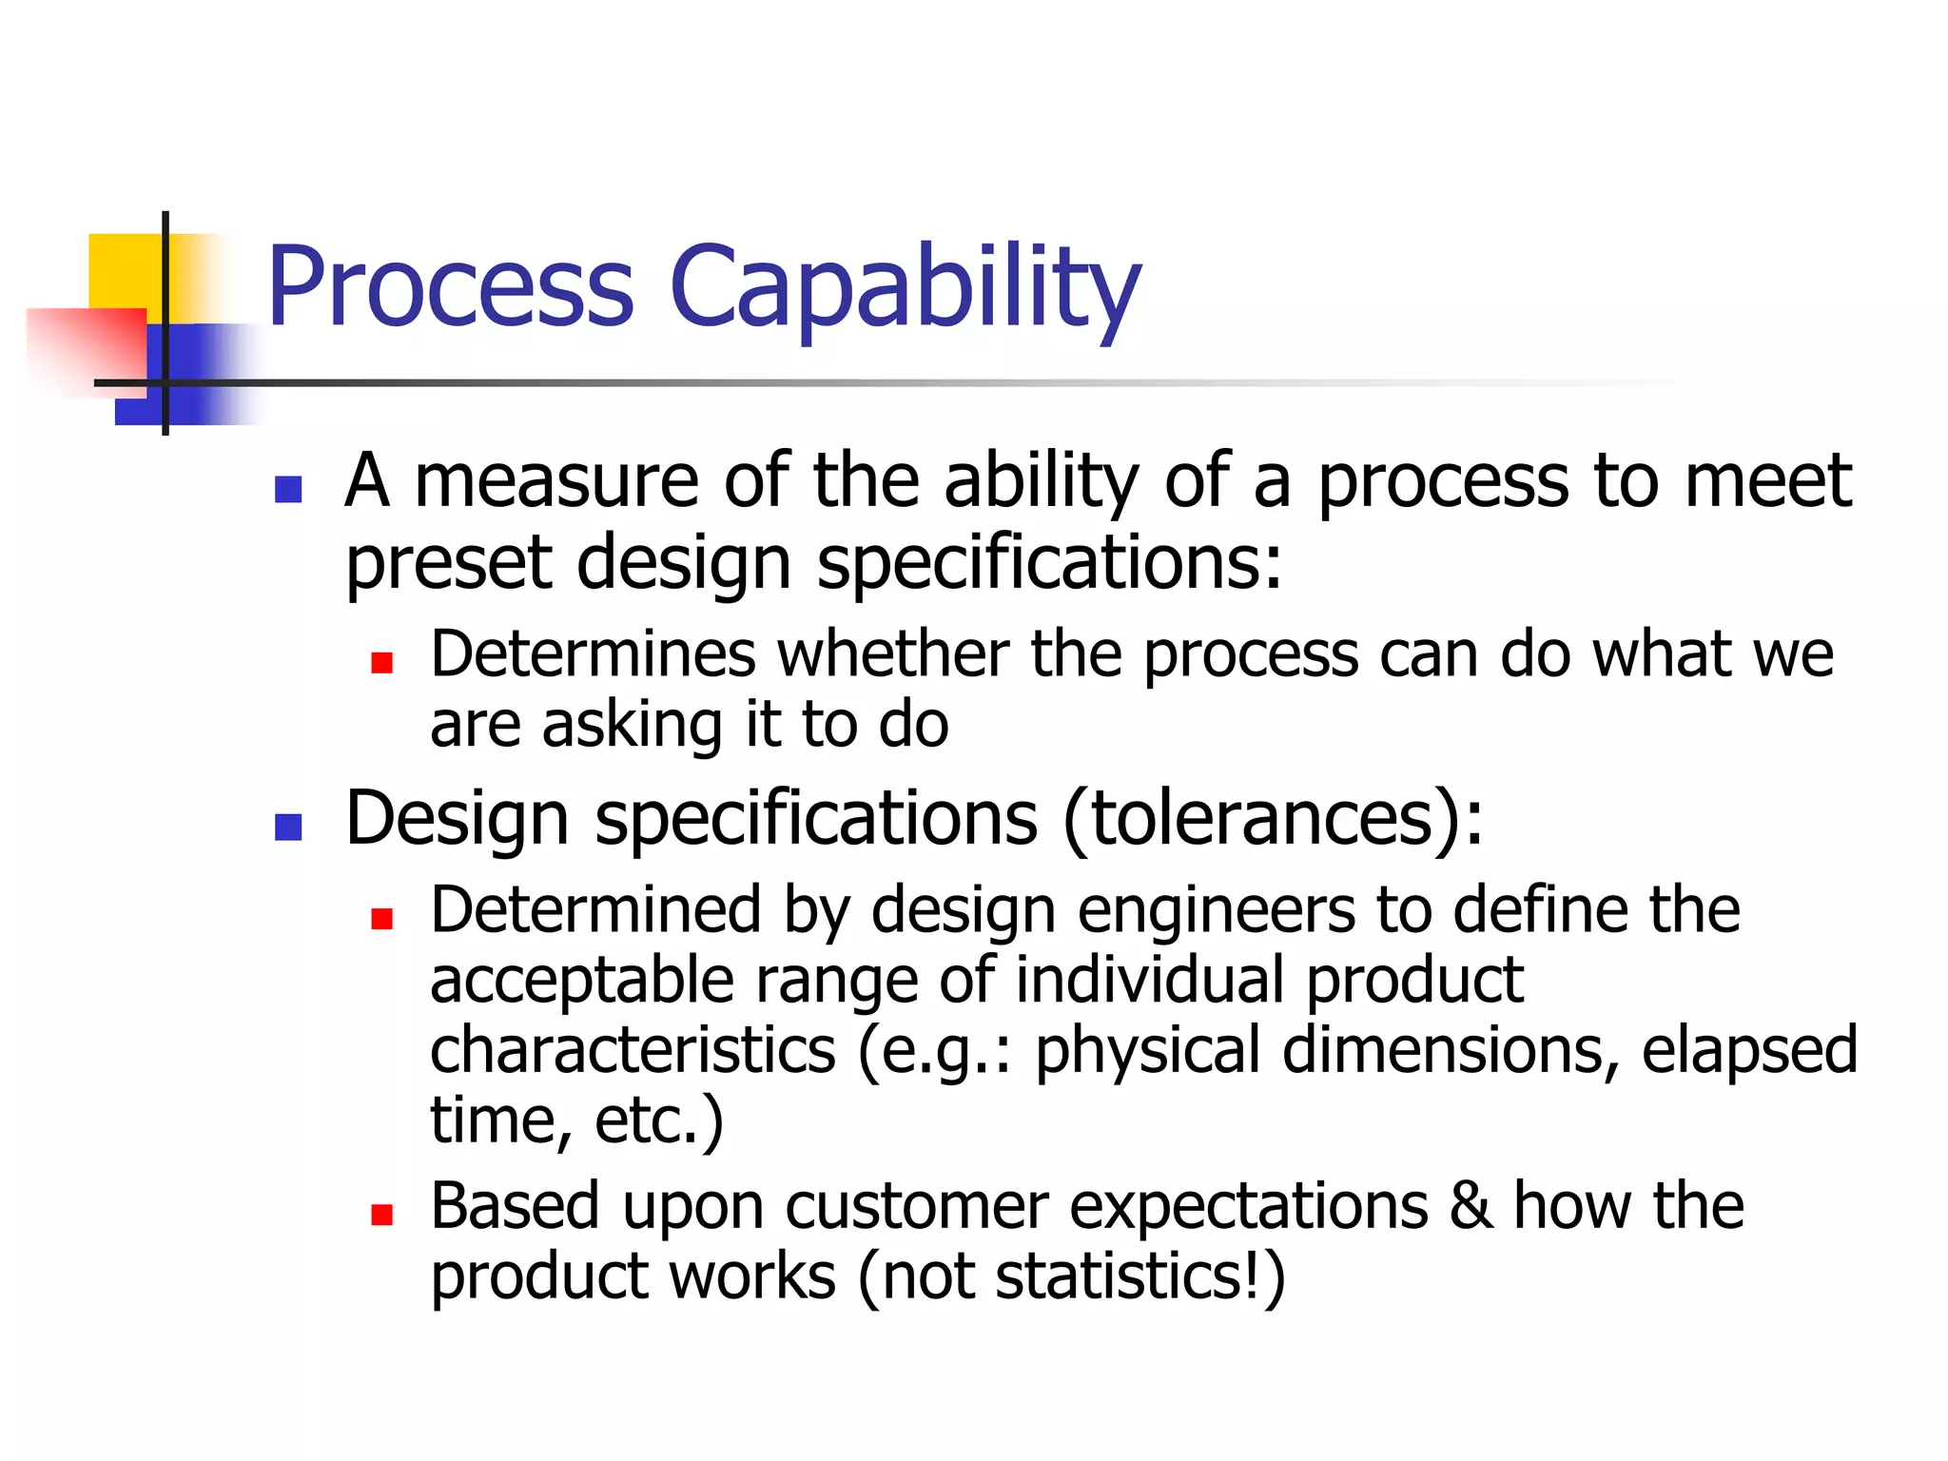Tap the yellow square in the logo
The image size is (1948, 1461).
click(x=124, y=270)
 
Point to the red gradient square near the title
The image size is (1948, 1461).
click(x=86, y=347)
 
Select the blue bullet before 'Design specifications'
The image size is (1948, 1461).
click(x=288, y=827)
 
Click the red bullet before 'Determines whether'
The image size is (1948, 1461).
click(x=382, y=662)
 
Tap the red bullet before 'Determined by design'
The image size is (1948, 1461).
click(x=382, y=918)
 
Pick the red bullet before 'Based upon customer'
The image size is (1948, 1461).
click(x=382, y=1214)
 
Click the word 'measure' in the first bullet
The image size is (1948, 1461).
click(x=556, y=480)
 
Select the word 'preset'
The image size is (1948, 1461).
click(x=447, y=563)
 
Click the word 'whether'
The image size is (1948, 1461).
click(x=893, y=654)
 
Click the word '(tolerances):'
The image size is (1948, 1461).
click(x=1273, y=818)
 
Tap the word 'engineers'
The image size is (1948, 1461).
click(x=1217, y=910)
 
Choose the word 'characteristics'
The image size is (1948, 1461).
click(x=633, y=1050)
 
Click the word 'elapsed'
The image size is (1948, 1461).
click(x=1749, y=1050)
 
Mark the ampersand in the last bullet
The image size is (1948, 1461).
click(x=1471, y=1205)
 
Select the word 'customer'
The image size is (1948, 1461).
click(x=916, y=1206)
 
